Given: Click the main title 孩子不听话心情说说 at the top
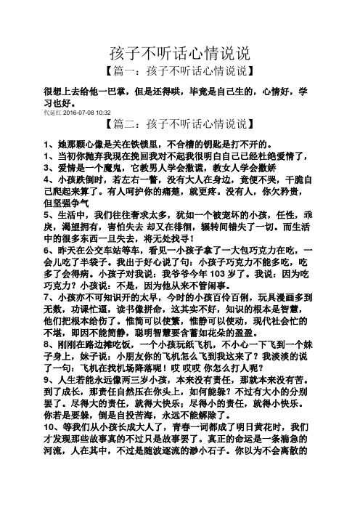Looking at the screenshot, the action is point(180,54).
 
